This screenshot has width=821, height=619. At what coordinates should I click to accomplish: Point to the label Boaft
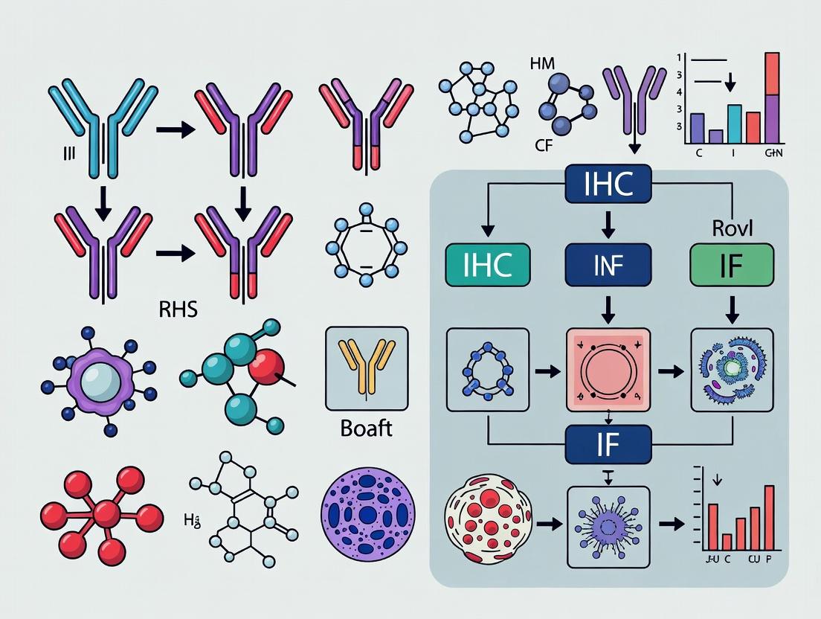coord(367,430)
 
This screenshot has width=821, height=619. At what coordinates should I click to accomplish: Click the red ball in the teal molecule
coord(266,365)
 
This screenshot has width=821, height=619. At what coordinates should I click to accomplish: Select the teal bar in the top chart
coord(734,124)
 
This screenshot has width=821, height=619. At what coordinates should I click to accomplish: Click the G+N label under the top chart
coord(773,153)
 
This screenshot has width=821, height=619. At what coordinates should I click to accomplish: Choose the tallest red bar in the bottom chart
coord(769,519)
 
